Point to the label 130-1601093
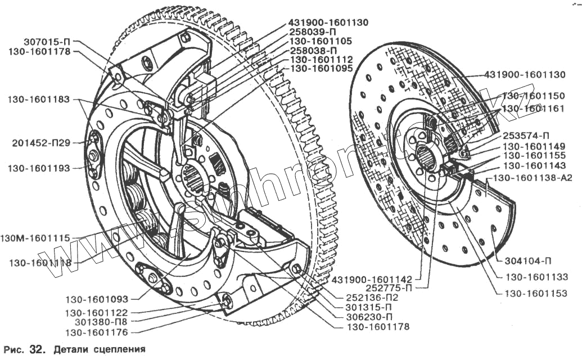coord(104,299)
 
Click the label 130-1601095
coord(321,68)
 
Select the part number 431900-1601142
coord(372,279)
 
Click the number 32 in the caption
coord(37,349)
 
